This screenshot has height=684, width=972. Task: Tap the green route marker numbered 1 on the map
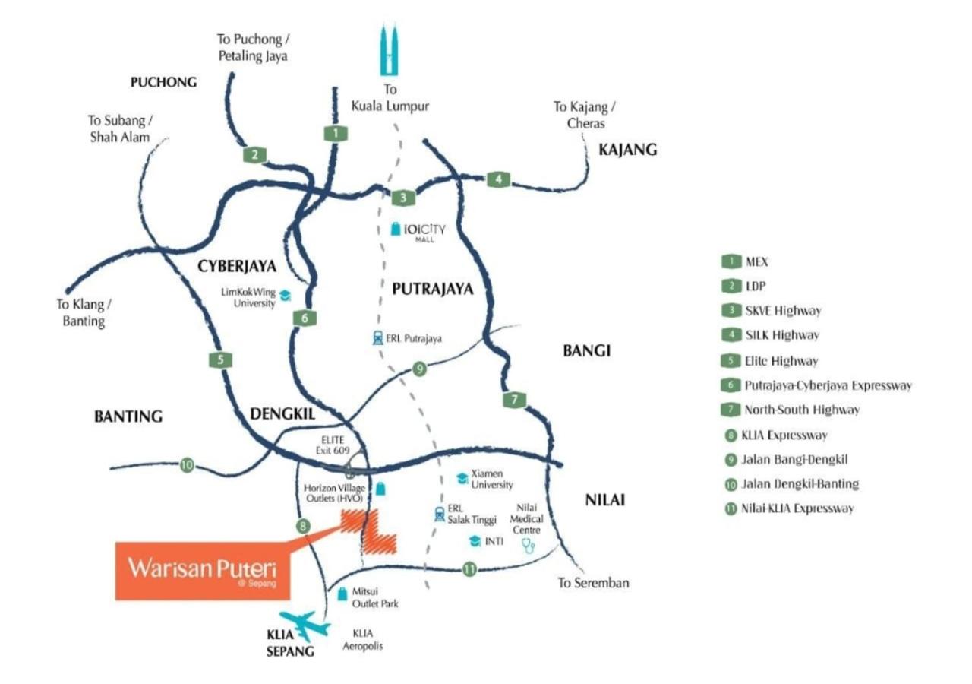336,133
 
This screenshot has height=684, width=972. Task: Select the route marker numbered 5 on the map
220,359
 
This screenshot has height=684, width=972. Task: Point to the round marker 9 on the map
419,369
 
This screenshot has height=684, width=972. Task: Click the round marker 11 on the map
469,569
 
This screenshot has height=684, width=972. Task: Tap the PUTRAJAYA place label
433,289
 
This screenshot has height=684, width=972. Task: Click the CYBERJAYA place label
237,266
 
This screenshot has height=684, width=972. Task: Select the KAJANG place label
627,150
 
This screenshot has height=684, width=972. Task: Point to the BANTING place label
128,416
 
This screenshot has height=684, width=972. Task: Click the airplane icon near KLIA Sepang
305,625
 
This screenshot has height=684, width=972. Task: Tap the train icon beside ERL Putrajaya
378,338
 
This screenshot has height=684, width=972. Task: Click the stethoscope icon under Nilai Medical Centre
528,546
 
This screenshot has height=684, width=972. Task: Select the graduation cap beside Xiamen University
462,478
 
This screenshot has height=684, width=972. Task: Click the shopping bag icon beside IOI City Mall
396,229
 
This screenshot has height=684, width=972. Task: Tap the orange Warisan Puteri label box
203,571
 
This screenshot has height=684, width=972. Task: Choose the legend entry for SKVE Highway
772,311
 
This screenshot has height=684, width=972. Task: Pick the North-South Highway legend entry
791,410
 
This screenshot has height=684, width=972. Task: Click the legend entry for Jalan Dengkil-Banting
792,484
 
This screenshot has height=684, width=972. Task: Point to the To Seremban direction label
593,582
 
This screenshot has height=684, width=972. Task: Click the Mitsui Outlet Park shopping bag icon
342,594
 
